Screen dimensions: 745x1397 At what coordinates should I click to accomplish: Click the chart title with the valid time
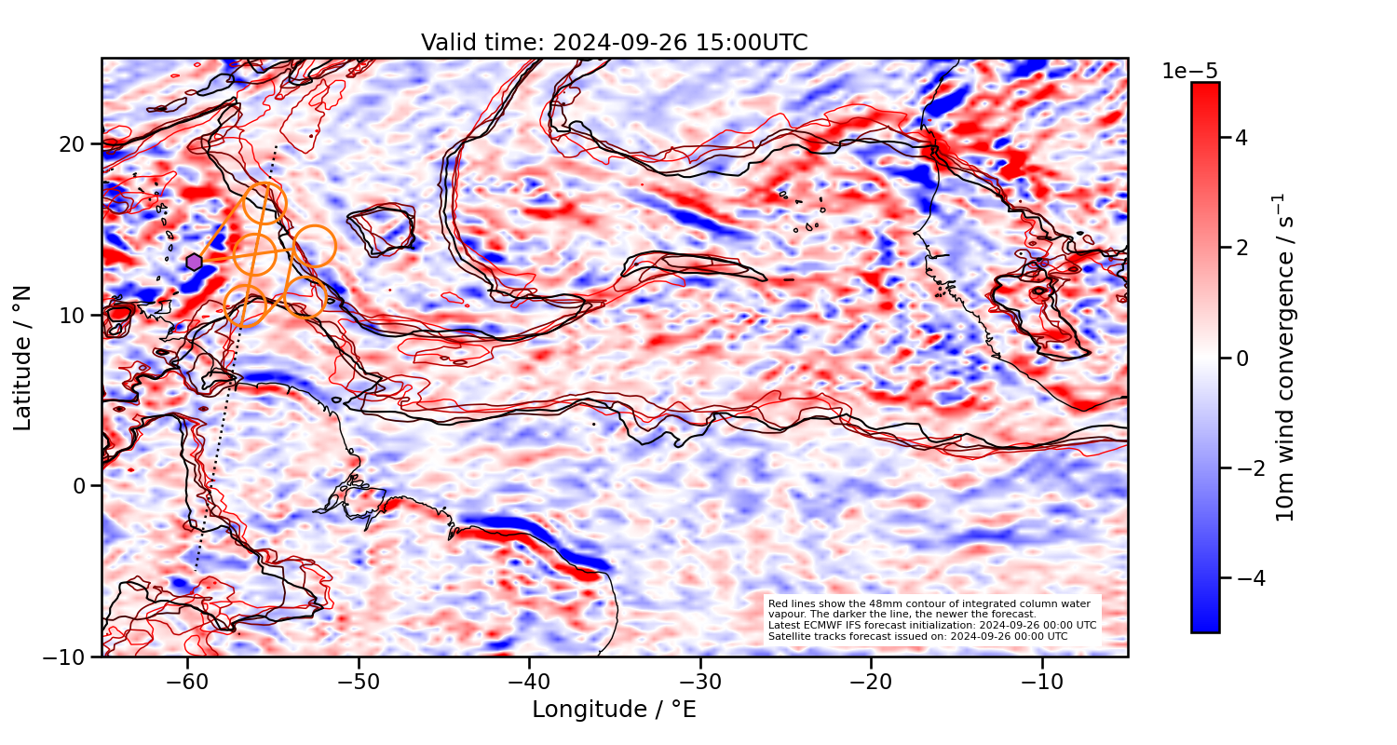(x=614, y=43)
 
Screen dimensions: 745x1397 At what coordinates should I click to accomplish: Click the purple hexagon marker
(x=194, y=262)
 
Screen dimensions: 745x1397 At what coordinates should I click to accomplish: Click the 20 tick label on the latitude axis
(x=75, y=144)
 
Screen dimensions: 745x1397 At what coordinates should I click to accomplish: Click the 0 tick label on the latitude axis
(x=81, y=486)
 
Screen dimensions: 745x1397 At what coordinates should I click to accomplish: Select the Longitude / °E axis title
(x=614, y=710)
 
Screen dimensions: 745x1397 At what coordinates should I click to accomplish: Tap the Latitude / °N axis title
(x=23, y=358)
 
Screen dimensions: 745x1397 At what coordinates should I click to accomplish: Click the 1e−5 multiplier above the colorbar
(x=1189, y=72)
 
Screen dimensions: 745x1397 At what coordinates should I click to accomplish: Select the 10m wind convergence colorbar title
(x=1285, y=358)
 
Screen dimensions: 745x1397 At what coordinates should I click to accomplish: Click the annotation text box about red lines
(x=932, y=620)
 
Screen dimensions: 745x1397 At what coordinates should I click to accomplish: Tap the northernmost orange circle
(x=264, y=204)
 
